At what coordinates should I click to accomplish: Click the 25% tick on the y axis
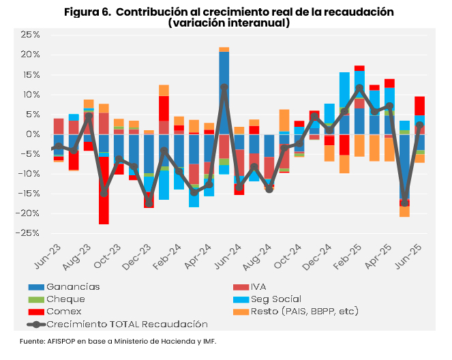(31, 35)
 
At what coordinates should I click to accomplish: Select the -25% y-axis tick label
(29, 232)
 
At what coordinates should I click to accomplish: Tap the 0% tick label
(33, 134)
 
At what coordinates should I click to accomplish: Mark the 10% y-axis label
(31, 94)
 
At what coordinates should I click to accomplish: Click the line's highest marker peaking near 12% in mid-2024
(224, 87)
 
